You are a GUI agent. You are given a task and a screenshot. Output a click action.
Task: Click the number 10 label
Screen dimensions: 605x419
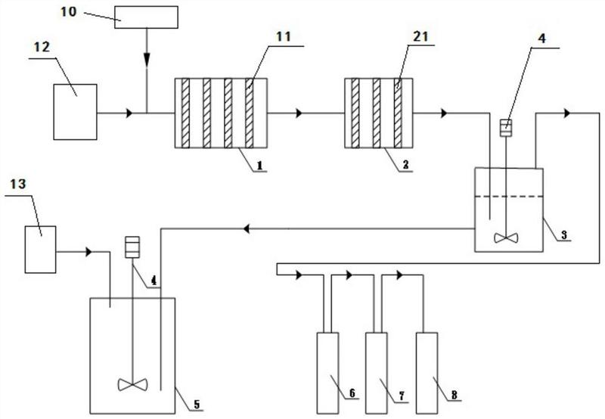(68, 12)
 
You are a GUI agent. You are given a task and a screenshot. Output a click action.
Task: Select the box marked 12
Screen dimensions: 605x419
(75, 112)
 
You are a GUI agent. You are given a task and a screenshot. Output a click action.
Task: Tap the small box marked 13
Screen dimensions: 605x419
(41, 250)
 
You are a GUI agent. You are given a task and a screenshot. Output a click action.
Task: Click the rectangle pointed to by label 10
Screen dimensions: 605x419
(146, 17)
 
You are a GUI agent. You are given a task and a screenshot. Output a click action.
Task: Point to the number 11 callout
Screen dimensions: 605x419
(283, 37)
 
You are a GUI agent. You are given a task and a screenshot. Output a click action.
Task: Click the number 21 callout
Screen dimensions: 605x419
(420, 36)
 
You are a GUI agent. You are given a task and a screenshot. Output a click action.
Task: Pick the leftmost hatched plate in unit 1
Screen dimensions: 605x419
(185, 113)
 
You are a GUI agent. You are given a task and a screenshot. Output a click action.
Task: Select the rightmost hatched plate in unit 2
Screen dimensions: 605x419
(398, 113)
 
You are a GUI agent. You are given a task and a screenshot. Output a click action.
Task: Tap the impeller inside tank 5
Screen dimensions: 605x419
(133, 385)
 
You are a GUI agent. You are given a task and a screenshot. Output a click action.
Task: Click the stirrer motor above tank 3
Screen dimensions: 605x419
(506, 128)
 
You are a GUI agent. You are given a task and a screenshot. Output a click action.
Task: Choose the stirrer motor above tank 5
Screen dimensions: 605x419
(132, 247)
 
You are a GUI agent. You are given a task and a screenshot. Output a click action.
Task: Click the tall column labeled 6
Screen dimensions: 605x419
(327, 373)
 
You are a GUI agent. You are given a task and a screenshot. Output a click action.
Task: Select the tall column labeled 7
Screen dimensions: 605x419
(377, 373)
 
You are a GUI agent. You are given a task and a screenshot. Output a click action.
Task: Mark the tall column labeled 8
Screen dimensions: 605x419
(427, 373)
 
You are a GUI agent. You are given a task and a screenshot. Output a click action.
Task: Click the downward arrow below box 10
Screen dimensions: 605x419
(147, 59)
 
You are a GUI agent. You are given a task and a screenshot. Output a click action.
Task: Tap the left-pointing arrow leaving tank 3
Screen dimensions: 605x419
(247, 229)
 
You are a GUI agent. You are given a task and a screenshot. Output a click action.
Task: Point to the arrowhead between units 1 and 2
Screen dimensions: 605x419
(299, 113)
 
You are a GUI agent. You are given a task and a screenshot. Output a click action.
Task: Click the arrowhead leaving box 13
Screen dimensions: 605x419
(89, 252)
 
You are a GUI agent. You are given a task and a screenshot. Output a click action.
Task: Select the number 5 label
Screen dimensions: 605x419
(197, 405)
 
